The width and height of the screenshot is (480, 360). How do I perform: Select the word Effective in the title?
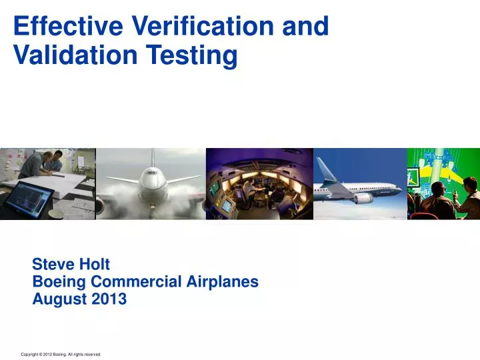[x=59, y=26]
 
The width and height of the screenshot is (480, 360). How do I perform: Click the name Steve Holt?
[x=71, y=265]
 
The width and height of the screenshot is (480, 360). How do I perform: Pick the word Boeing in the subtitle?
[x=59, y=281]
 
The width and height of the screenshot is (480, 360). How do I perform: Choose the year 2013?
[x=108, y=299]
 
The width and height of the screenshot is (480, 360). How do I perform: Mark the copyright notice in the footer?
[x=61, y=355]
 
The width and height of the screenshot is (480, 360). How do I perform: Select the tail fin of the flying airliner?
[x=326, y=171]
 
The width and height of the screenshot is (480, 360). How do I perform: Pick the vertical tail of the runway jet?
[x=152, y=157]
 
